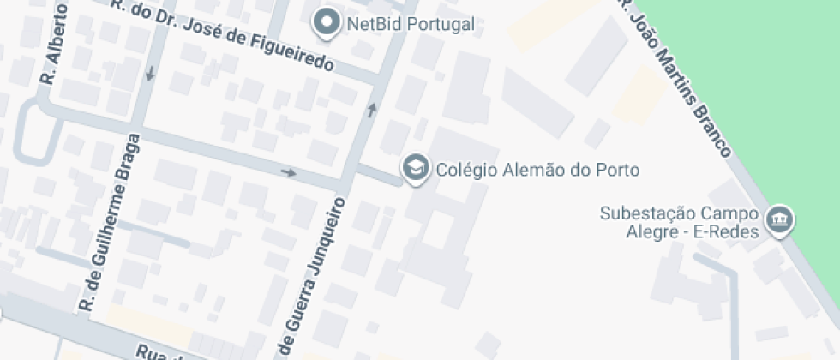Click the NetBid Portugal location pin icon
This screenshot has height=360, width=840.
tap(327, 23)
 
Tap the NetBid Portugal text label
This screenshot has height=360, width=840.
tap(410, 24)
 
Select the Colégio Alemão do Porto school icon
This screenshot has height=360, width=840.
tap(416, 169)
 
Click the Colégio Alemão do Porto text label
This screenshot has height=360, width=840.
tap(537, 170)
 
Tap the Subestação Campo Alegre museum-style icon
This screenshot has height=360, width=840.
tap(780, 220)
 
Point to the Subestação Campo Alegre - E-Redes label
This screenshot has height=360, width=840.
tap(679, 221)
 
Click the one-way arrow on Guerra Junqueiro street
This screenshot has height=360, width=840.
tap(372, 109)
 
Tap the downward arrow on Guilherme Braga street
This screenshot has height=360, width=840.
tap(151, 75)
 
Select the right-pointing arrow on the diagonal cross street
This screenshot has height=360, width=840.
tap(289, 173)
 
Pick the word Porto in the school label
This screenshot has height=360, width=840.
tap(620, 170)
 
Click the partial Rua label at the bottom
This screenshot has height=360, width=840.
tap(159, 351)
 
